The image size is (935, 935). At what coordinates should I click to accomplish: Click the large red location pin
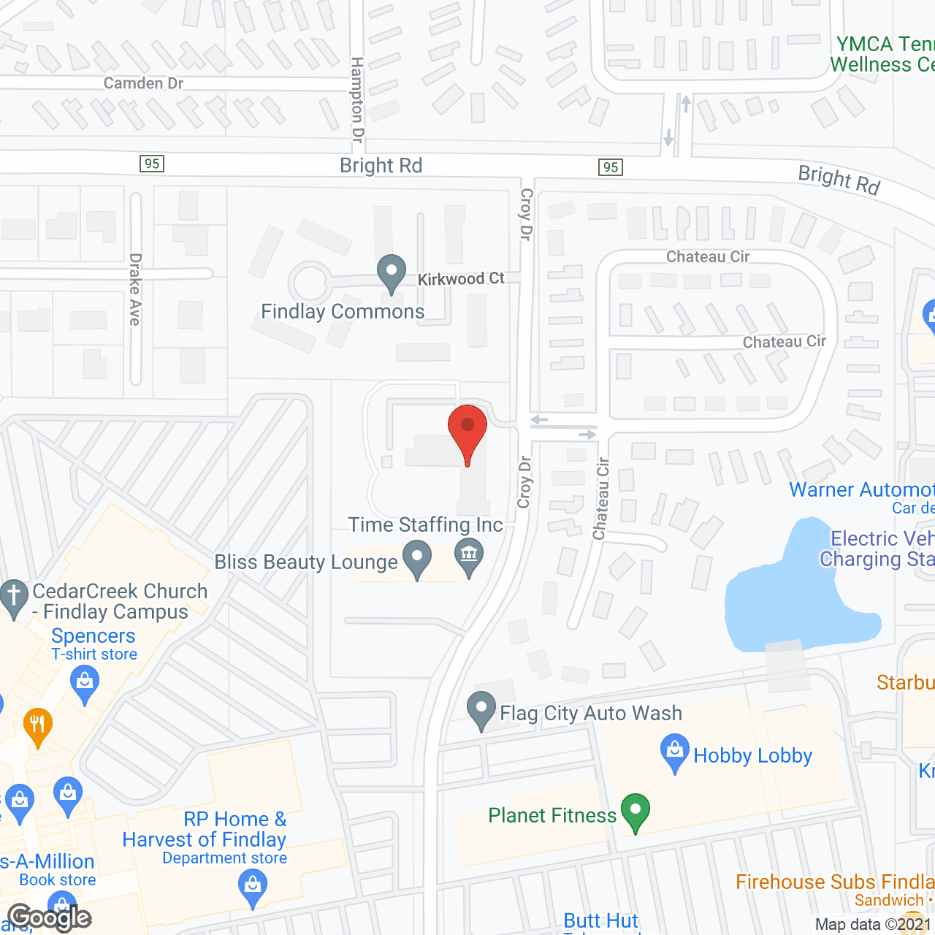click(467, 430)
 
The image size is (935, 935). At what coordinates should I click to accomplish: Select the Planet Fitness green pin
click(636, 812)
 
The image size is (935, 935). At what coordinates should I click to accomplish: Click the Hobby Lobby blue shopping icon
click(675, 752)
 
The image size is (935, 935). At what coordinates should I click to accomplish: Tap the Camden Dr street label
click(143, 83)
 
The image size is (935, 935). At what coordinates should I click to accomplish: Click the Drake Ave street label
click(136, 289)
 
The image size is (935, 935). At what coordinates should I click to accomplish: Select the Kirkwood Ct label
click(461, 279)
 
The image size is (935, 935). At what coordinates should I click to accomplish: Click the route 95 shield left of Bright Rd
click(152, 164)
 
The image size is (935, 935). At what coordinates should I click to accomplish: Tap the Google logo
click(50, 917)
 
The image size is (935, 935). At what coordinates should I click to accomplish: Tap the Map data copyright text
click(873, 925)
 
